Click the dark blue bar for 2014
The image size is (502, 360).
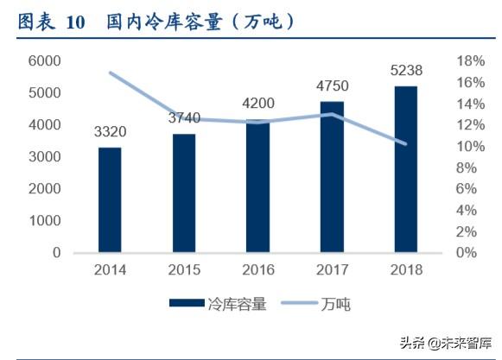pos(110,200)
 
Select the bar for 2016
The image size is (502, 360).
pos(257,186)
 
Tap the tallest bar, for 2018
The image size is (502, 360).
pos(404,169)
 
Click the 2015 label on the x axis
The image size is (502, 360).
pos(183,270)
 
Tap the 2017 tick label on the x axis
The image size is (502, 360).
pos(331,270)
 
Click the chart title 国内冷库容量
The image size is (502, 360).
pos(200,21)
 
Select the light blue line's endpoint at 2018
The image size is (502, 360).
pos(404,143)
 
